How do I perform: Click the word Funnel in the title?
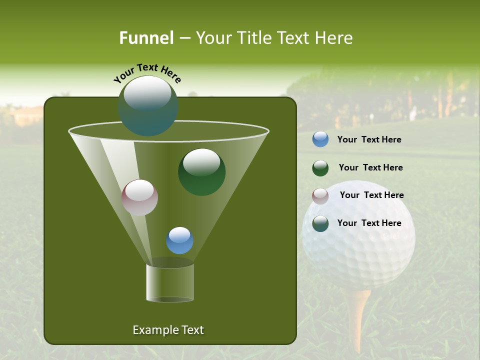(146, 37)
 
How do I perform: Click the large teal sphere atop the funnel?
(147, 106)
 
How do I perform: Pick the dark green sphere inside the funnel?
(201, 172)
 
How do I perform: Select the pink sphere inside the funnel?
(139, 197)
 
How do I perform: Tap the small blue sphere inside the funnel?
(179, 240)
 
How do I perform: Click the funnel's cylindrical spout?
(169, 282)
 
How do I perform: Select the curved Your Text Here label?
(147, 73)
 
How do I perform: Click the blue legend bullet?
(320, 139)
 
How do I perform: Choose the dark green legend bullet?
(320, 168)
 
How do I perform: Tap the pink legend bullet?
(320, 196)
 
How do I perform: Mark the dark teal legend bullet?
(320, 223)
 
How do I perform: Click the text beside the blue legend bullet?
(369, 140)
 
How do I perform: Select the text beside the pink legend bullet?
(371, 195)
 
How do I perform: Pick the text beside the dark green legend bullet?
(370, 168)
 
